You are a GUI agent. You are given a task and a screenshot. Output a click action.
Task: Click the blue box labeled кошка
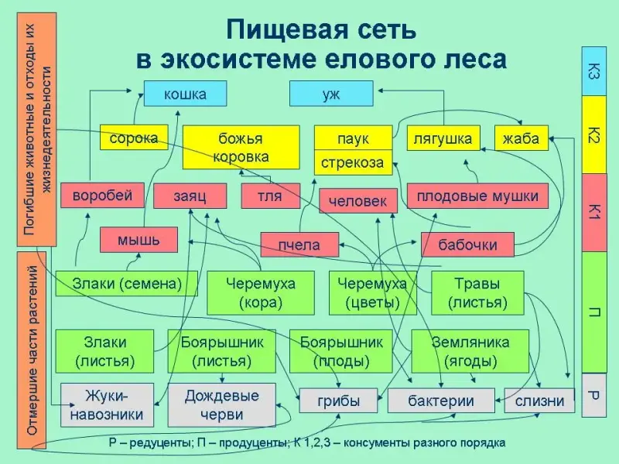click(x=185, y=94)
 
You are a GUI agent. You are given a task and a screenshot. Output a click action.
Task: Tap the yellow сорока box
click(x=134, y=139)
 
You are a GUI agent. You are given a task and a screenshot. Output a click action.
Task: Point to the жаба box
click(x=521, y=138)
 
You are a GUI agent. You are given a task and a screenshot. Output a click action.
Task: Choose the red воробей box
click(x=97, y=195)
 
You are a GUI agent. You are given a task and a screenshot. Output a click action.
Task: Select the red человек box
click(x=357, y=201)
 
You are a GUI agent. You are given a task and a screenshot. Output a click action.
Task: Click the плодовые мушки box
click(x=477, y=196)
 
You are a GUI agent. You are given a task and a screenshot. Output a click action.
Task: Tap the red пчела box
click(x=299, y=244)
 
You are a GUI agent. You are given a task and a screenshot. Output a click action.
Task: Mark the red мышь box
click(x=139, y=240)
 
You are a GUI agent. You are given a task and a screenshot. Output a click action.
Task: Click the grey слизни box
click(x=540, y=401)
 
